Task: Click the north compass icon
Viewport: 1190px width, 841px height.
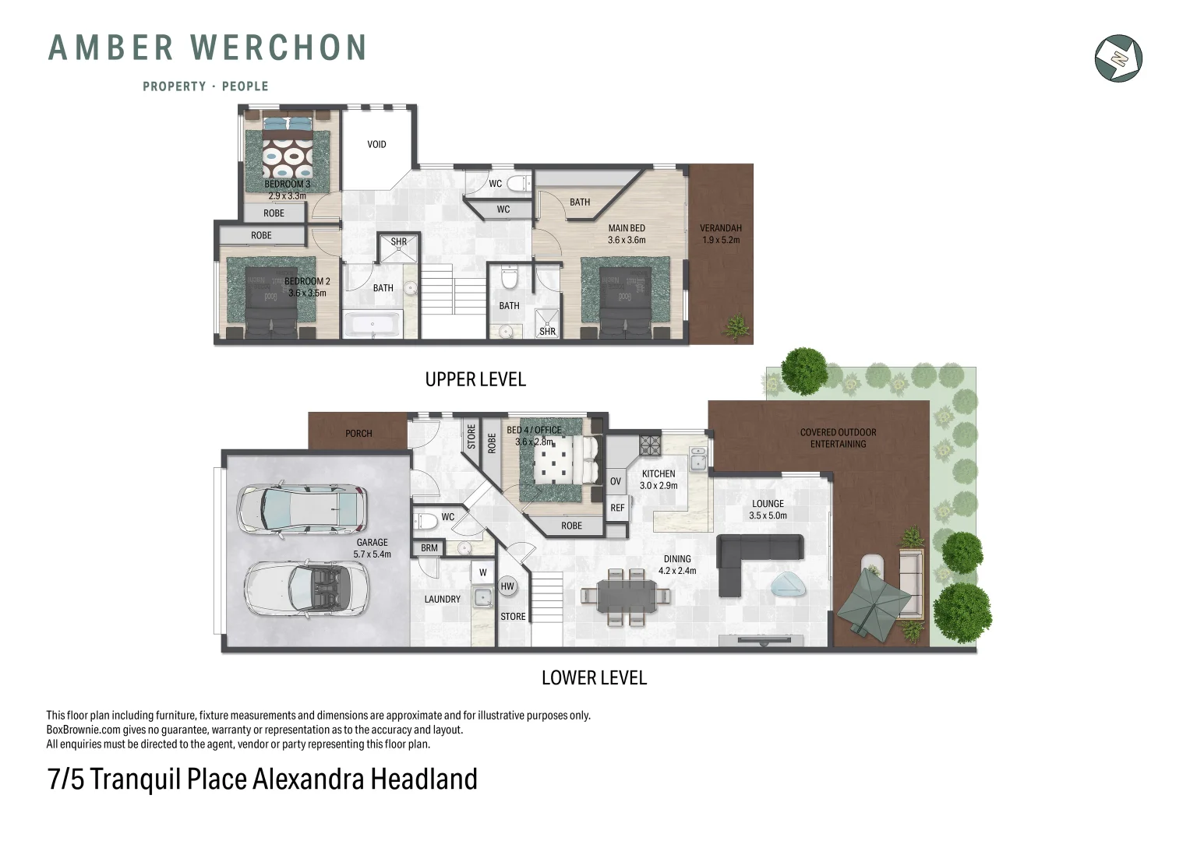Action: coord(1118,58)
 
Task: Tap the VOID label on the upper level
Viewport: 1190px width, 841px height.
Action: coord(376,144)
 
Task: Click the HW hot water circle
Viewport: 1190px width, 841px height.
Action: coord(507,586)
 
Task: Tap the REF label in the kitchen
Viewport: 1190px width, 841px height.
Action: coord(617,508)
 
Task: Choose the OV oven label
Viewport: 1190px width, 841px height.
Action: coord(616,481)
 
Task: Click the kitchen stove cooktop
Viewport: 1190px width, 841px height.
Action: coord(650,445)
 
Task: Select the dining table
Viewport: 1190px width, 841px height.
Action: coord(626,596)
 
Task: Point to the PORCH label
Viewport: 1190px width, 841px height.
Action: coord(358,434)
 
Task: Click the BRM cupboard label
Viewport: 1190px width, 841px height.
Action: coord(429,548)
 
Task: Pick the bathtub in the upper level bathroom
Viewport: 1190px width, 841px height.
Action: coord(373,324)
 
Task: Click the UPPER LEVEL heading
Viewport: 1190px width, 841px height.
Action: coord(475,380)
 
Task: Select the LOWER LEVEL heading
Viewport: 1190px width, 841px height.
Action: coord(594,678)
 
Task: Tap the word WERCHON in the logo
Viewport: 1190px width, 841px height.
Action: coord(279,48)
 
